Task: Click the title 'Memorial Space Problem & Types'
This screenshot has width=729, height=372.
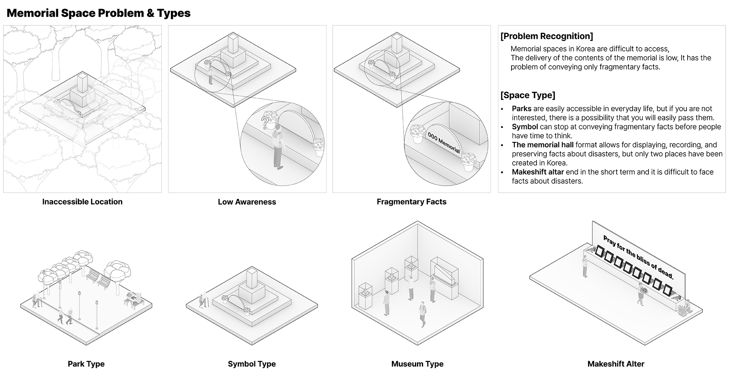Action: [x=99, y=13]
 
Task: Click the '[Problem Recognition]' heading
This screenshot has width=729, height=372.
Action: [x=547, y=36]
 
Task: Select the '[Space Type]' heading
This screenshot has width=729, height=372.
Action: [x=528, y=95]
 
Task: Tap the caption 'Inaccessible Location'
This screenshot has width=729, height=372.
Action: [x=82, y=202]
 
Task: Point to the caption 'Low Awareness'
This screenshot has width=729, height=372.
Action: [x=247, y=202]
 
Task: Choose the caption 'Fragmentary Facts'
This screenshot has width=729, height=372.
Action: [x=412, y=202]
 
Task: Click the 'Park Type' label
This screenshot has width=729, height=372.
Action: [x=86, y=364]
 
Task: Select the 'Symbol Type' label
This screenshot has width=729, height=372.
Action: [x=252, y=364]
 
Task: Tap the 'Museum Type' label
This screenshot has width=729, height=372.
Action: [x=417, y=364]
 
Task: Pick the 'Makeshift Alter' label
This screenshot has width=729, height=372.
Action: [x=616, y=364]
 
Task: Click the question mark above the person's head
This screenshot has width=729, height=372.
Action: [x=265, y=123]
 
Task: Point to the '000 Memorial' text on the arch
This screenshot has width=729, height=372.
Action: [x=443, y=143]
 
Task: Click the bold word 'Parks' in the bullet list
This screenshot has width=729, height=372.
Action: [x=521, y=109]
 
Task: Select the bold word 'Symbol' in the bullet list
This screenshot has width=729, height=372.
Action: [x=525, y=127]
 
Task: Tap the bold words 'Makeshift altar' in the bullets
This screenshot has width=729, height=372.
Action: [x=538, y=172]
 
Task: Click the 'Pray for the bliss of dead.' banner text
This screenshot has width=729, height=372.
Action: [x=638, y=257]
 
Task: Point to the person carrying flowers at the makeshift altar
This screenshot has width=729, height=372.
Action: [x=641, y=294]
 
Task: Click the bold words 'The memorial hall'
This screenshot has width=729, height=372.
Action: [x=543, y=145]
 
